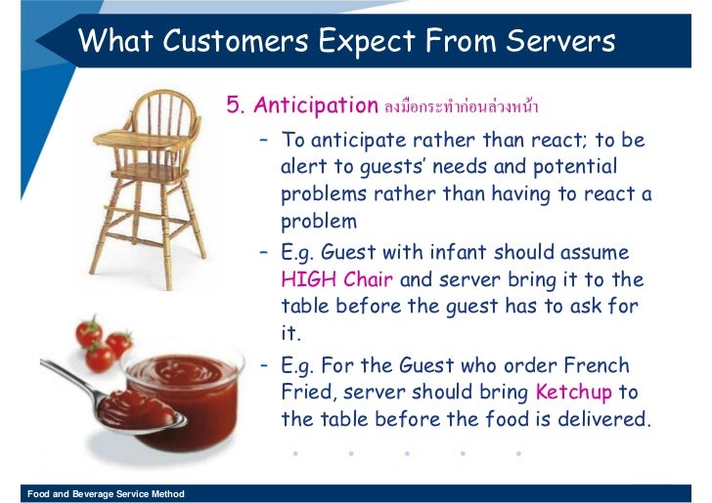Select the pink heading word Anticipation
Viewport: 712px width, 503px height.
coord(316,105)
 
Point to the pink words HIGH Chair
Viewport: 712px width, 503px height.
coord(336,279)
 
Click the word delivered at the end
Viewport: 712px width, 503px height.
coord(599,420)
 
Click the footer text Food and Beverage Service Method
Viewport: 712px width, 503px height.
coord(106,494)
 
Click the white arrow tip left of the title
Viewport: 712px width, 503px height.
coord(45,42)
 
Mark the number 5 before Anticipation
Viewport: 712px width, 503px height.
coord(233,105)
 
